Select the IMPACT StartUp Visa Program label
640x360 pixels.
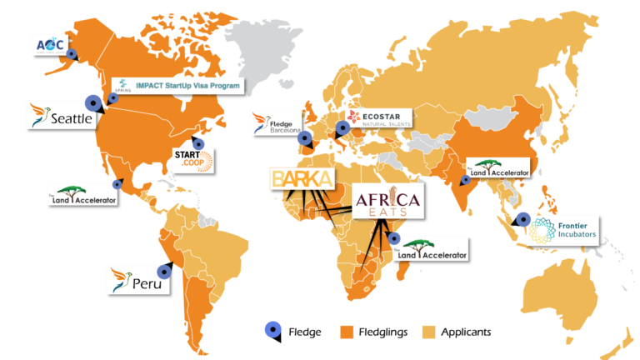(179, 85)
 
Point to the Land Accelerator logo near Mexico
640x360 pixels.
(83, 197)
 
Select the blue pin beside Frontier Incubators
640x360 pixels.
(522, 220)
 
